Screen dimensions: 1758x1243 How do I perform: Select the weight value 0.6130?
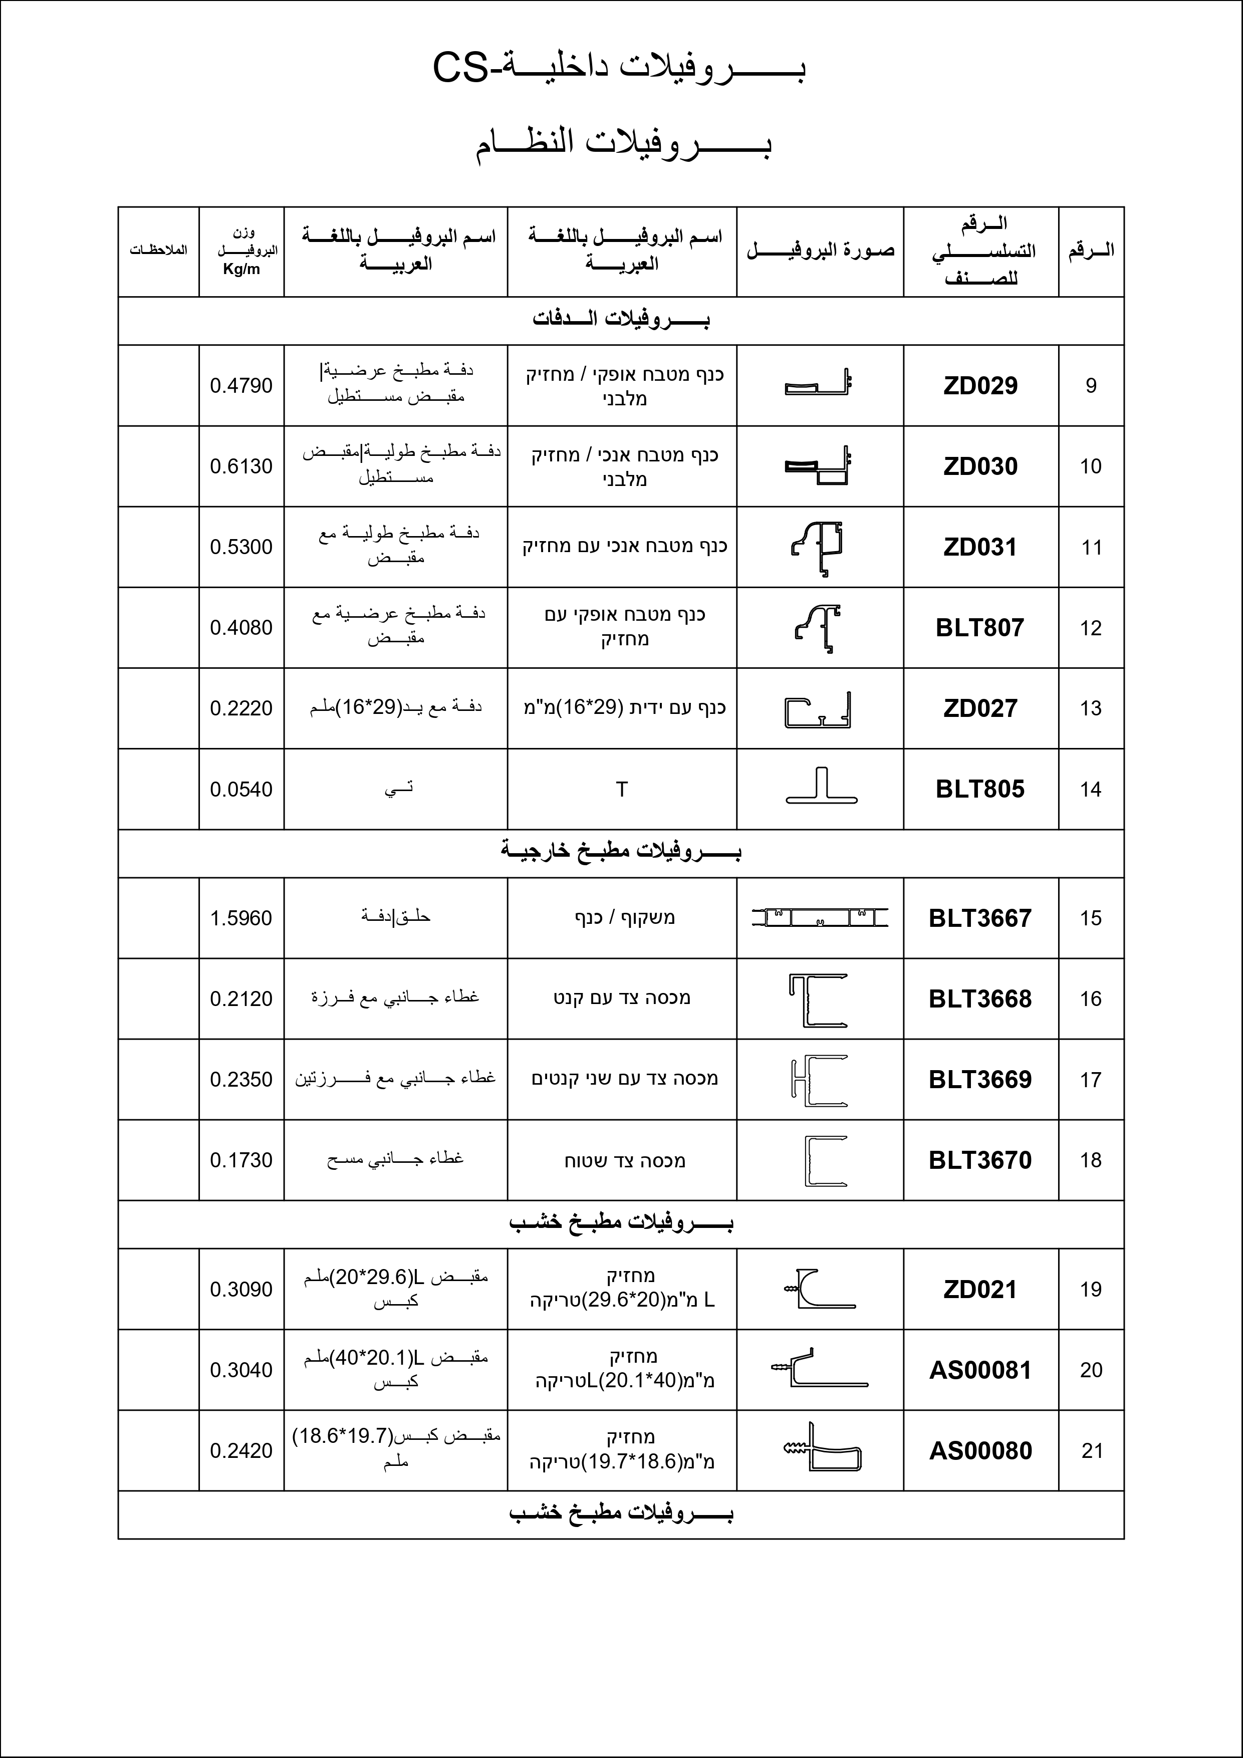coord(241,466)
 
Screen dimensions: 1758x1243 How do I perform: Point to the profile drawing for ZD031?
coord(818,548)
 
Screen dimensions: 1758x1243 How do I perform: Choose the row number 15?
coord(1091,918)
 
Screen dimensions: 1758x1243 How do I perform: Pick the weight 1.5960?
coord(241,918)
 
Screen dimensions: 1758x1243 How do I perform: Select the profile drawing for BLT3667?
coord(820,917)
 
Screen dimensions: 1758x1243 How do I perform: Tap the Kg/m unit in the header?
coord(241,270)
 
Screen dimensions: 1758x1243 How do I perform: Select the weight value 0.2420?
coord(241,1450)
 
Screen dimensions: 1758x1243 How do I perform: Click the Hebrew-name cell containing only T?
coord(621,790)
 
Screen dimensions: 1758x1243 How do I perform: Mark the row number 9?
coord(1091,386)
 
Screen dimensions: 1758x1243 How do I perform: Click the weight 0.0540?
coord(241,790)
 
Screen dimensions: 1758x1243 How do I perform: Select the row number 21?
coord(1091,1450)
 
